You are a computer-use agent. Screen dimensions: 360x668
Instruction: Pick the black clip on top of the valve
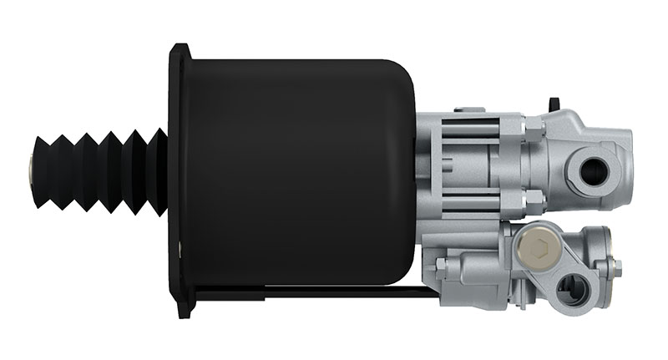tap(553, 105)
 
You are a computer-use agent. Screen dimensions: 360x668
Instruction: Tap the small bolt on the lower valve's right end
tap(617, 267)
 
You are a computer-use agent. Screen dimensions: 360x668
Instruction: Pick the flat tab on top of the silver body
tap(468, 109)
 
